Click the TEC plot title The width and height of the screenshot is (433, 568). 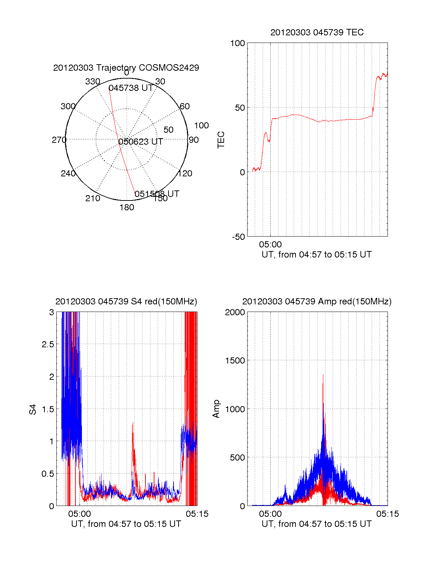click(317, 32)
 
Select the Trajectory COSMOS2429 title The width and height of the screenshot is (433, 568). click(126, 68)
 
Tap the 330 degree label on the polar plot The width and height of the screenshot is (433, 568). click(93, 82)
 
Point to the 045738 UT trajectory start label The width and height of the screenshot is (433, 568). click(131, 88)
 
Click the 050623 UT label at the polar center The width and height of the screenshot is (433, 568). click(141, 142)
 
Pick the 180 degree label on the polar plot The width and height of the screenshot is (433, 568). click(127, 207)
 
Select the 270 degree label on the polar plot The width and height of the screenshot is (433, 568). click(59, 140)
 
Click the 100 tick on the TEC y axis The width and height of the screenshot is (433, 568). click(237, 44)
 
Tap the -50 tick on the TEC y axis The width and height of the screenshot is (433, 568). click(238, 237)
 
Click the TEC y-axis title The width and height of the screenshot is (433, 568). click(221, 140)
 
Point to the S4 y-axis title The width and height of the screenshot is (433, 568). click(32, 409)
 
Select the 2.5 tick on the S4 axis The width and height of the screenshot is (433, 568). click(48, 344)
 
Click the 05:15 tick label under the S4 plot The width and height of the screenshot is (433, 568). click(197, 514)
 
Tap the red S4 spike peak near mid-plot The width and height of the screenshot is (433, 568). click(133, 422)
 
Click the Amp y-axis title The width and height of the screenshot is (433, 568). click(216, 409)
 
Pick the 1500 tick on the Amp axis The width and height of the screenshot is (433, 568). click(235, 361)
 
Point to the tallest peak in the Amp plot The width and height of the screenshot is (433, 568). click(323, 375)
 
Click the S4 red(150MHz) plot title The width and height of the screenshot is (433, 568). click(126, 301)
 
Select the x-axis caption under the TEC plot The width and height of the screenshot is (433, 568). click(316, 255)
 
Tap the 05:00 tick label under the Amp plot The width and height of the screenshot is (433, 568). click(270, 514)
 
